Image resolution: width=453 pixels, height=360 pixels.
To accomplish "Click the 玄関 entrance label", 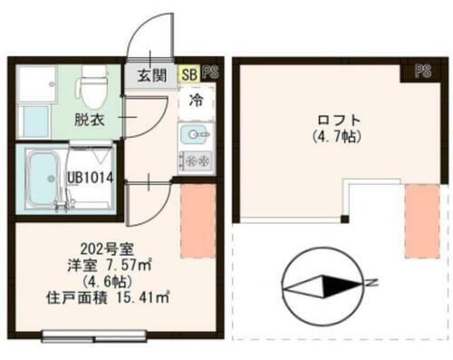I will pyautogui.click(x=152, y=75).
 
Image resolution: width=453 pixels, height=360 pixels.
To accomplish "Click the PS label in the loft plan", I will pyautogui.click(x=423, y=70).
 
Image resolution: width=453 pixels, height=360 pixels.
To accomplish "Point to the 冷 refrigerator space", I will pyautogui.click(x=197, y=102).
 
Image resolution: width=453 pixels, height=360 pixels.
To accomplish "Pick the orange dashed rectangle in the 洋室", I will pyautogui.click(x=196, y=223).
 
